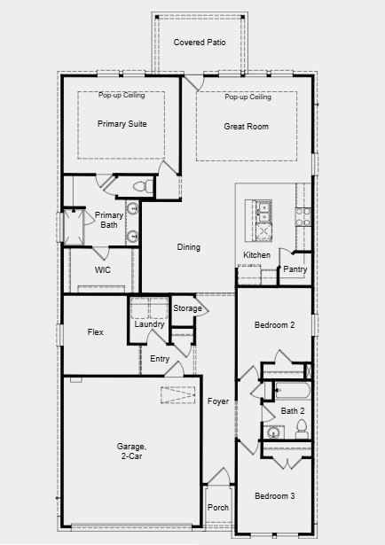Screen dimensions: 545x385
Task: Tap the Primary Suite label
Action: point(122,125)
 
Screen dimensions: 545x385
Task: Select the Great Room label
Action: point(246,127)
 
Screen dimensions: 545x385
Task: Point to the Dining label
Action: point(188,247)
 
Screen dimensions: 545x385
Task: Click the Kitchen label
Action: point(256,255)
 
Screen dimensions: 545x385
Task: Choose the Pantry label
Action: point(295,269)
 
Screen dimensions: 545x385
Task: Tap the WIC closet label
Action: point(103,270)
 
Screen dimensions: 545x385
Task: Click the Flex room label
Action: point(96,332)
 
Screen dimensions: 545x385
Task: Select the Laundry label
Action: point(149,324)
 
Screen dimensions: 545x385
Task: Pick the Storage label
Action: point(186,308)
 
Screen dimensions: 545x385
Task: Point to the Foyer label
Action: point(218,401)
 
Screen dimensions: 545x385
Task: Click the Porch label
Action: point(217,508)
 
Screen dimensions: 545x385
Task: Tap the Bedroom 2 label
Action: point(274,326)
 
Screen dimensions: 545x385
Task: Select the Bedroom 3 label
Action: point(274,495)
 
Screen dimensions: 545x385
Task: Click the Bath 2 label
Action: point(293,410)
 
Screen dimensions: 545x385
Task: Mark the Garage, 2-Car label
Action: point(130,451)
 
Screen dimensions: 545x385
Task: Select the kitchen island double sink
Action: point(263,210)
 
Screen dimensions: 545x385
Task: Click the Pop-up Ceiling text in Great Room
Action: point(247,97)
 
